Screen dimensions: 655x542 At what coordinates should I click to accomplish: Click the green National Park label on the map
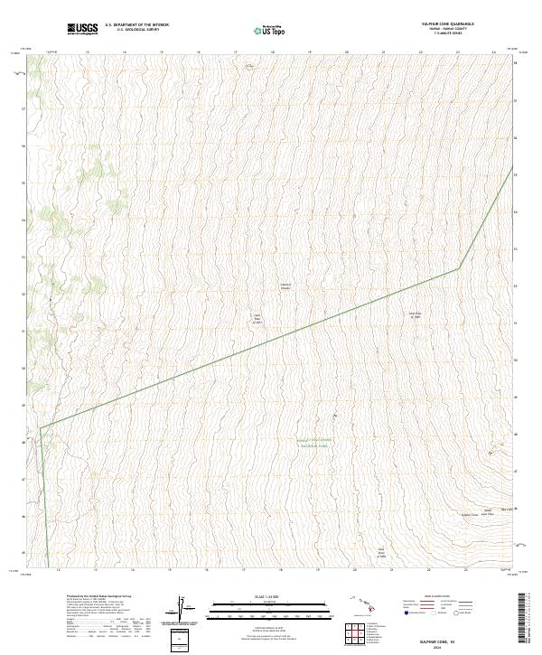pyautogui.click(x=315, y=443)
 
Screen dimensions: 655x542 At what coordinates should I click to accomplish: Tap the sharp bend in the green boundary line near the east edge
pyautogui.click(x=459, y=267)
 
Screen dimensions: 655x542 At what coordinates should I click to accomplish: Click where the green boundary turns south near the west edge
pyautogui.click(x=40, y=428)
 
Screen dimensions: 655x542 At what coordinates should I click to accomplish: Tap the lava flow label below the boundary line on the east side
pyautogui.click(x=416, y=315)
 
